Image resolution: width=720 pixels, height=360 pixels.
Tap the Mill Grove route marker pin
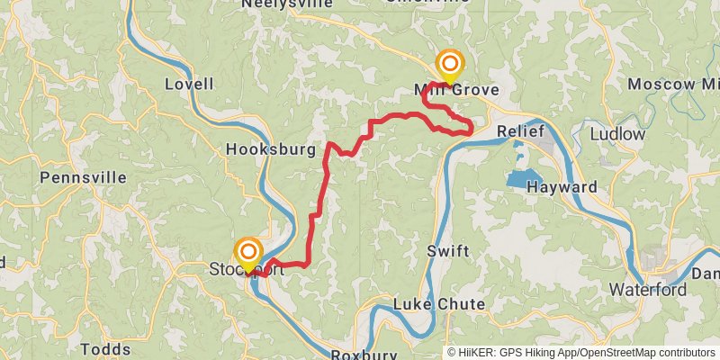click(x=449, y=66)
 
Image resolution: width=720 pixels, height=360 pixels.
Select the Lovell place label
click(x=190, y=85)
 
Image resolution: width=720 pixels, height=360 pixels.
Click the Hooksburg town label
click(x=271, y=148)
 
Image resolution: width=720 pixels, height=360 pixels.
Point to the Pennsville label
click(x=83, y=178)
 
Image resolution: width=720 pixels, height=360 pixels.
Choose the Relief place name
click(x=522, y=132)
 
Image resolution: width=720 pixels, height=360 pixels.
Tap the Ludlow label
click(x=618, y=134)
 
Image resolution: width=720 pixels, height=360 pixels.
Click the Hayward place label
click(x=562, y=187)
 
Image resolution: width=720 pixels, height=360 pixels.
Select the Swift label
click(x=448, y=251)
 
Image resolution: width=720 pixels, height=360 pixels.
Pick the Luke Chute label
click(x=439, y=305)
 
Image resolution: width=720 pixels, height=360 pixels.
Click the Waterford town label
click(x=648, y=290)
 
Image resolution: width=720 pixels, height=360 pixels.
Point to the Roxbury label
click(x=364, y=355)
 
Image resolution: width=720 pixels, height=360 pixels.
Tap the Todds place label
click(x=105, y=349)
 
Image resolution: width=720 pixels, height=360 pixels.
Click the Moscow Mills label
click(x=673, y=85)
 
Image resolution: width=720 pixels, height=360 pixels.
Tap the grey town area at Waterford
click(x=661, y=261)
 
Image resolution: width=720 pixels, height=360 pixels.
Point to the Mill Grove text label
click(x=456, y=91)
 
